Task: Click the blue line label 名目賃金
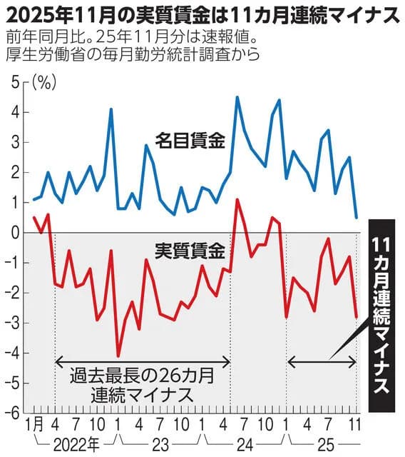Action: (x=190, y=141)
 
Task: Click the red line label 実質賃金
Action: (x=190, y=251)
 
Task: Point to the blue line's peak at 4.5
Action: (x=237, y=97)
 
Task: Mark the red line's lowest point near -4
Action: (x=118, y=356)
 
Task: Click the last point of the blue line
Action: (x=357, y=217)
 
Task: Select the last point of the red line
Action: (x=357, y=316)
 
